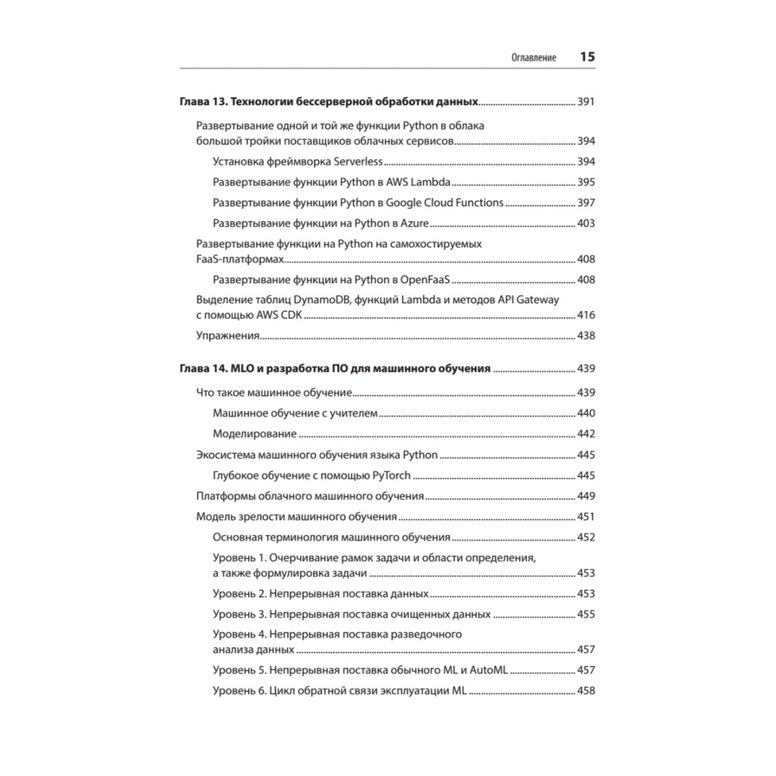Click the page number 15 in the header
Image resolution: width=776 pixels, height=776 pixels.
point(587,57)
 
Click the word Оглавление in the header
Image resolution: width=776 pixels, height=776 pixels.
point(533,58)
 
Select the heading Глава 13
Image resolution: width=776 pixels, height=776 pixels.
point(203,102)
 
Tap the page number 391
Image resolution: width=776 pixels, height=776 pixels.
point(586,102)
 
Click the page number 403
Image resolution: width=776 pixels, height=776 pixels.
point(586,223)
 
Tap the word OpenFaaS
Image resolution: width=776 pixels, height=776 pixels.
point(428,279)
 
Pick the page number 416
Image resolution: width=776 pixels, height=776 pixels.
point(586,316)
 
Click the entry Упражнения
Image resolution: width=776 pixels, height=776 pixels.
point(227,336)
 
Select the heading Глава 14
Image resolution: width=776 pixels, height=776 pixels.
point(203,369)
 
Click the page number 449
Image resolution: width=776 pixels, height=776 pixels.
point(586,496)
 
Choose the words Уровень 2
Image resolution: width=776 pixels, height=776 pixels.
point(240,594)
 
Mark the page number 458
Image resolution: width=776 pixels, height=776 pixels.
point(586,691)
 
